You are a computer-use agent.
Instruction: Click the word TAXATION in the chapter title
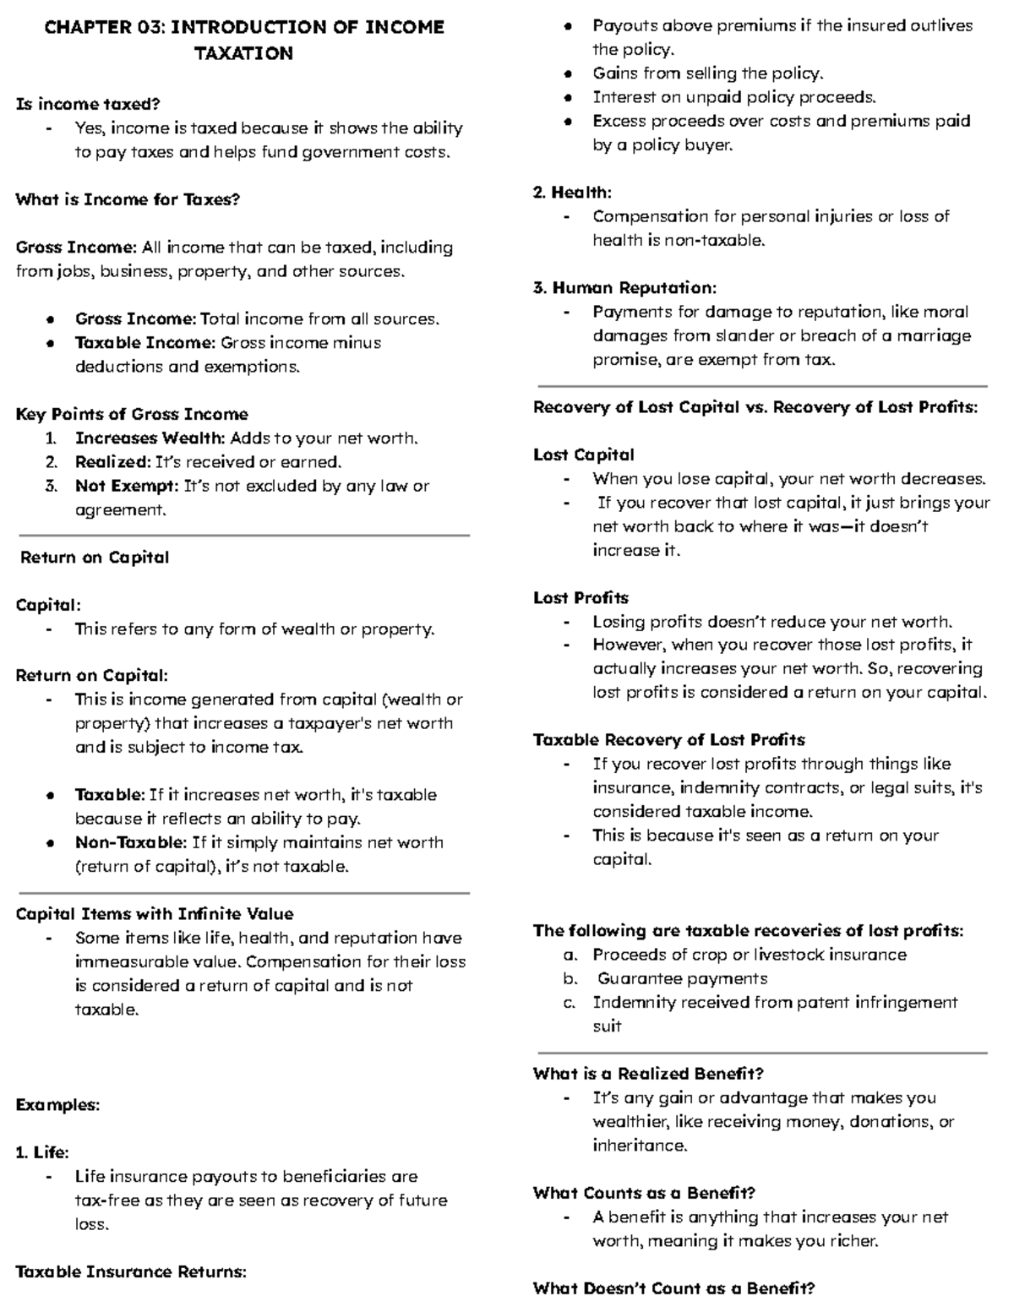click(243, 53)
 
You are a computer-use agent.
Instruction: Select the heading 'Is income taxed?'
click(88, 104)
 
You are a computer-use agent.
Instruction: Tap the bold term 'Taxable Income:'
click(144, 343)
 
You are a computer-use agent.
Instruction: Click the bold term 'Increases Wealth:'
click(150, 438)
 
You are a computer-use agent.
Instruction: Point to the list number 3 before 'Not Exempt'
click(52, 486)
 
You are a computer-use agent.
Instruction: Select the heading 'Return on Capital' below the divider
click(95, 558)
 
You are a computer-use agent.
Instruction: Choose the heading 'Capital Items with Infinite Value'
click(155, 914)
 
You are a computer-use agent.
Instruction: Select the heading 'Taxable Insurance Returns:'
click(131, 1271)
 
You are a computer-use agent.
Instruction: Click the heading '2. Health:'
click(572, 193)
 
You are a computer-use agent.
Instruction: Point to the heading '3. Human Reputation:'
click(624, 288)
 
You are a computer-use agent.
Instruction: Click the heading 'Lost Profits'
click(581, 598)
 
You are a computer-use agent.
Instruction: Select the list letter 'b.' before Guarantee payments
click(570, 978)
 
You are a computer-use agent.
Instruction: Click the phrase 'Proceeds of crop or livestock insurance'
click(750, 955)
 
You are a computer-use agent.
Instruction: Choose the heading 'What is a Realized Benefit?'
click(648, 1074)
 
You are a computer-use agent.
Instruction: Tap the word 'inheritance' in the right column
click(640, 1146)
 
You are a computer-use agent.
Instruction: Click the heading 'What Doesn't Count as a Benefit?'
click(673, 1288)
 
